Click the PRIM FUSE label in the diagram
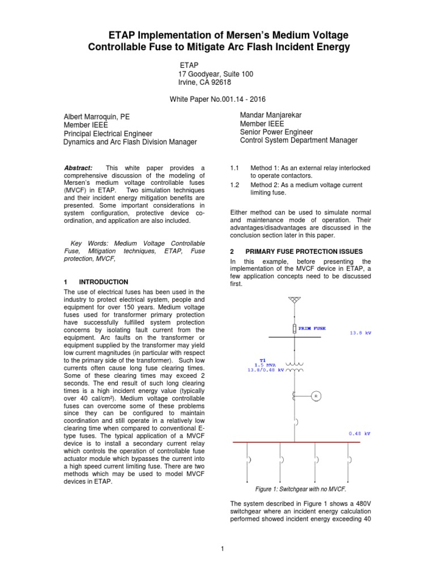(x=312, y=328)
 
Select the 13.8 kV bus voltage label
(x=360, y=333)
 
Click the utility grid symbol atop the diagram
(x=293, y=299)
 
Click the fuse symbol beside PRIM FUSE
(x=293, y=329)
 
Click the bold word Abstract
(x=78, y=168)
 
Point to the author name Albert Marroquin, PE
(x=96, y=116)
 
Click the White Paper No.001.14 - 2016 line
(x=217, y=99)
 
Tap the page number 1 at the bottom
(x=223, y=548)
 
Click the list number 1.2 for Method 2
(x=235, y=185)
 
